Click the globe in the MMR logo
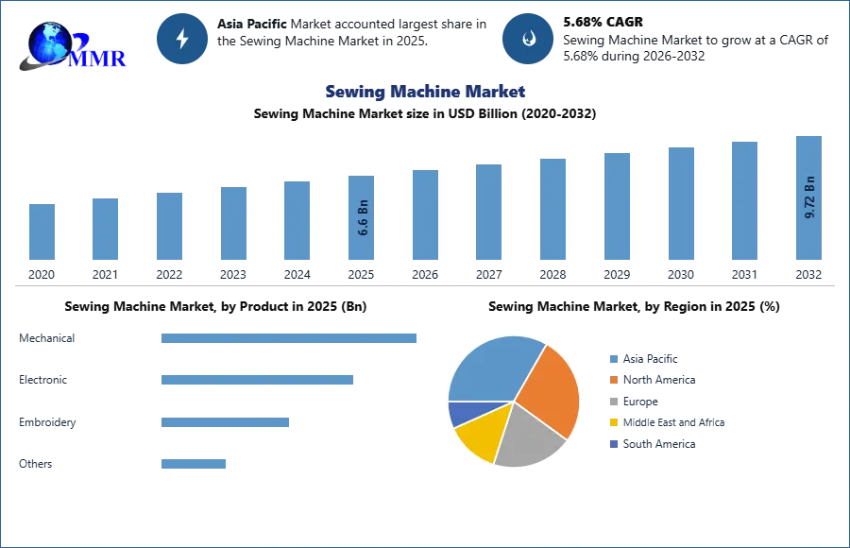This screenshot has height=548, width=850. pos(49,42)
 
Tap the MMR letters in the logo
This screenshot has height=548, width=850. pos(100,58)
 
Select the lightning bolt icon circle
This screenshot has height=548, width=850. pos(183,39)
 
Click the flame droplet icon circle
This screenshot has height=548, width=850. pos(529,39)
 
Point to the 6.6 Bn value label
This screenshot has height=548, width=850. pos(363,219)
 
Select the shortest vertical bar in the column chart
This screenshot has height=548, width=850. pos(42,233)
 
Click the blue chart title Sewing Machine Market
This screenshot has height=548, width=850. pos(426,92)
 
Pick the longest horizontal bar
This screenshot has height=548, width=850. pos(290,340)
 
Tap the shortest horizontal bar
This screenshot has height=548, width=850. pos(193,462)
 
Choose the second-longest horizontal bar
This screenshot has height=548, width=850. pos(256,379)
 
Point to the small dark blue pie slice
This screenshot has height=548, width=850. pos(461,412)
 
